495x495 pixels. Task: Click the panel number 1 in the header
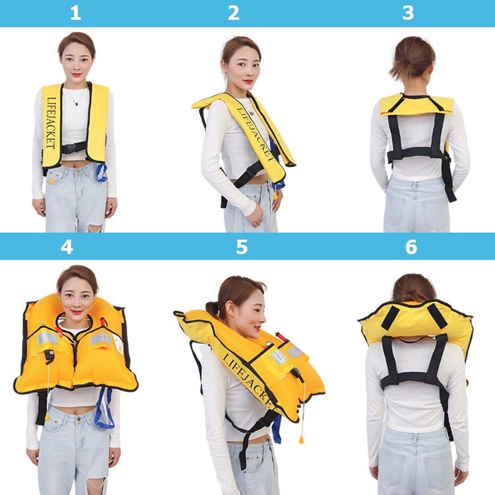[x=75, y=13]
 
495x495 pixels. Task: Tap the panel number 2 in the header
[x=234, y=13]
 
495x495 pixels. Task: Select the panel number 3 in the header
[x=408, y=13]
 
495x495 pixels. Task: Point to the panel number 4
[x=67, y=247]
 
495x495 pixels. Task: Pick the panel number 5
[x=242, y=247]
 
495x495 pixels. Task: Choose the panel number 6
[x=411, y=247]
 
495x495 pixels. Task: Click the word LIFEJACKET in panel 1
[x=51, y=123]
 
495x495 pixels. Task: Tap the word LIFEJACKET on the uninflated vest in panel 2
[x=255, y=134]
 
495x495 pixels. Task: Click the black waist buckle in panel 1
[x=73, y=148]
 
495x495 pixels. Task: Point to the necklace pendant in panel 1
[x=76, y=103]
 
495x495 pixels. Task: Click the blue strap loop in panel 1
[x=102, y=173]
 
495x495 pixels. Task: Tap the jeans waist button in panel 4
[x=78, y=419]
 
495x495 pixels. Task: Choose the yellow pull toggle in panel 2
[x=275, y=196]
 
